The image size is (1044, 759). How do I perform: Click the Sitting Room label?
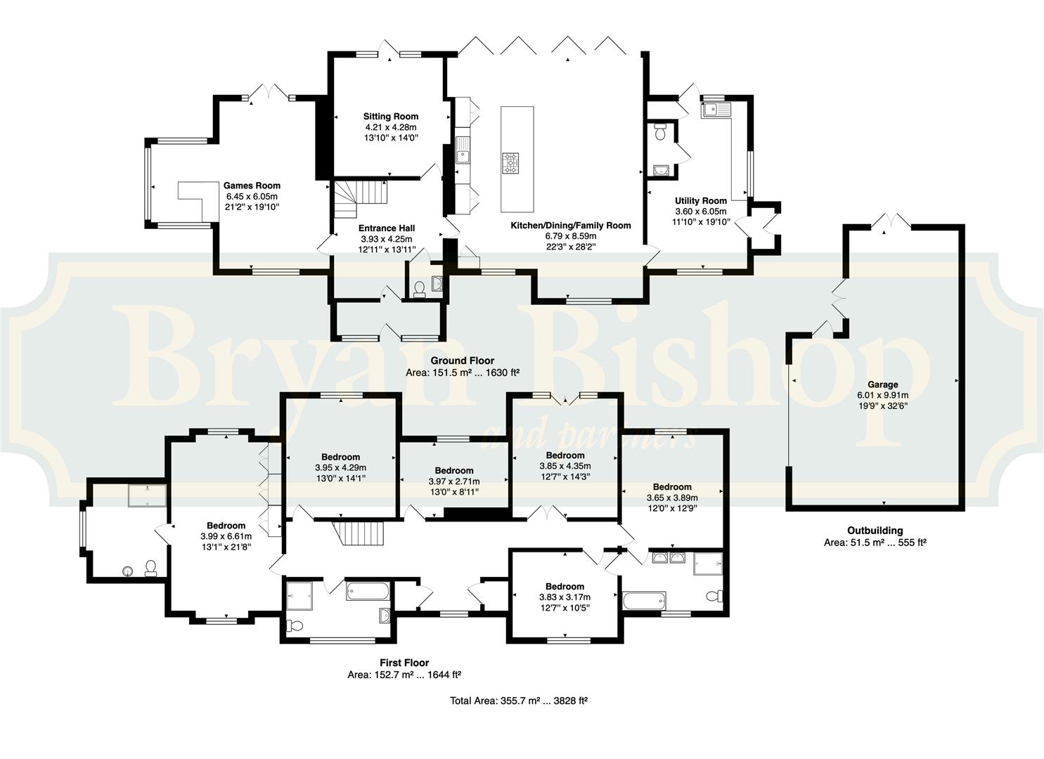391,117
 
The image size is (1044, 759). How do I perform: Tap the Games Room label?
252,186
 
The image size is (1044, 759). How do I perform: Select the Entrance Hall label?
387,228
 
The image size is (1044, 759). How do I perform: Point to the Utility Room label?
700,201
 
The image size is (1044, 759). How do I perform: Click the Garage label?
883,384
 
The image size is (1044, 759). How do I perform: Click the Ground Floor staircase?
361,199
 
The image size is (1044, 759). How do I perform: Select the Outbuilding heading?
875,530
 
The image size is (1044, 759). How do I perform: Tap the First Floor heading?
404,663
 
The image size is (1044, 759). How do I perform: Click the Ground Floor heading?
462,361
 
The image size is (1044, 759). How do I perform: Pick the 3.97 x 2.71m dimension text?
454,481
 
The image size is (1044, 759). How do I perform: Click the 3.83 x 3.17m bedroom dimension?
565,597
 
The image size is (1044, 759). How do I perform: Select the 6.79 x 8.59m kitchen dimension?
571,236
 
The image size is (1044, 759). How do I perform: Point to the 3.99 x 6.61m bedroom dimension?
226,536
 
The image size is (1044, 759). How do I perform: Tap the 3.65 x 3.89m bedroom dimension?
672,498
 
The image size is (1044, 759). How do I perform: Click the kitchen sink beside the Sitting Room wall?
463,150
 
